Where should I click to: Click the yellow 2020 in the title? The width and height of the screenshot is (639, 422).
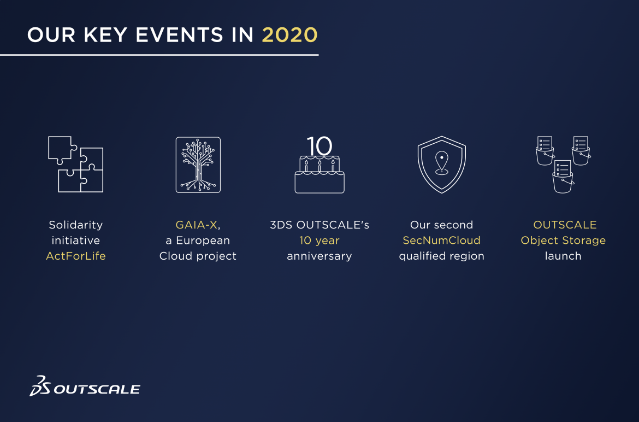pyautogui.click(x=289, y=35)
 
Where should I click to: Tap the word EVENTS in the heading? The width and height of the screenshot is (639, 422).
pyautogui.click(x=179, y=35)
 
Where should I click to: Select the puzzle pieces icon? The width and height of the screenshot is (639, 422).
pyautogui.click(x=76, y=165)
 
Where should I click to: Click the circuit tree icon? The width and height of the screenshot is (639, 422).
pyautogui.click(x=198, y=165)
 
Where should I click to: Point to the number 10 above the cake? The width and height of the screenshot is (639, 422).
pyautogui.click(x=319, y=145)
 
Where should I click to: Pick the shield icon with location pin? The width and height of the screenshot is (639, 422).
pyautogui.click(x=442, y=165)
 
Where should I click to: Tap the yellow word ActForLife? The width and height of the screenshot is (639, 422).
pyautogui.click(x=76, y=256)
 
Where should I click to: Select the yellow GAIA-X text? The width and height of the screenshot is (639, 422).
pyautogui.click(x=196, y=225)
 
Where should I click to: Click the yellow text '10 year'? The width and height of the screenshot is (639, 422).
pyautogui.click(x=319, y=241)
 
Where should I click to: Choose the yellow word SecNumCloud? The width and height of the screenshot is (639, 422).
pyautogui.click(x=441, y=241)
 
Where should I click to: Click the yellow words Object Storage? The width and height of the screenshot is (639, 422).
pyautogui.click(x=563, y=241)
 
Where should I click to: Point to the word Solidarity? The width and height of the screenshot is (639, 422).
pyautogui.click(x=76, y=225)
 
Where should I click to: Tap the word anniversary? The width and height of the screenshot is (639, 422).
pyautogui.click(x=319, y=256)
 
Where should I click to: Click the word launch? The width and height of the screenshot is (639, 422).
pyautogui.click(x=563, y=256)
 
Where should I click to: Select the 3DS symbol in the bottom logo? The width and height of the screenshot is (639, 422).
pyautogui.click(x=40, y=386)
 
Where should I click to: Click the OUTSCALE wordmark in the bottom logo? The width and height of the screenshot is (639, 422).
pyautogui.click(x=97, y=389)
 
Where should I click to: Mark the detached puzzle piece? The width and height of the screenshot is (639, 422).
pyautogui.click(x=62, y=150)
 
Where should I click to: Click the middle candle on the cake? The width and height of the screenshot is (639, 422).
pyautogui.click(x=319, y=166)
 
